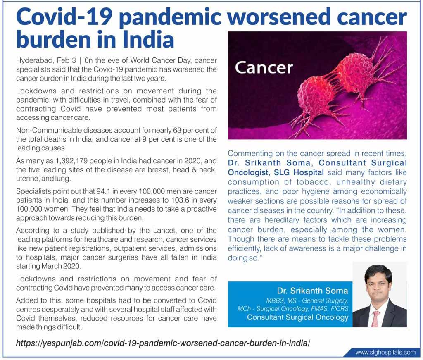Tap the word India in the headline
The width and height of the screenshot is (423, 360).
coord(147,40)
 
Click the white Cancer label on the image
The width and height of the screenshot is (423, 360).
coord(264,67)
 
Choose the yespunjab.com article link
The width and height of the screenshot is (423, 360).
coord(163,343)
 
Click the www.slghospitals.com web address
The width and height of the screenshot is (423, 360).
coord(385,353)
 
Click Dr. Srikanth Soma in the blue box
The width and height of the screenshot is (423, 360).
coord(309,291)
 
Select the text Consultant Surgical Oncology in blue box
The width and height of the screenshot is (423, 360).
coord(297,317)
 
